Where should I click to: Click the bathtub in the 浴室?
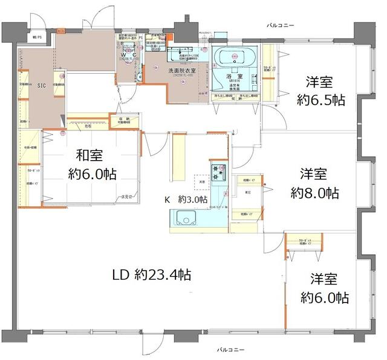point(235,58)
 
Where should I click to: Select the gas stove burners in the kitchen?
point(218,170)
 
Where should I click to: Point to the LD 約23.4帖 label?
point(151,275)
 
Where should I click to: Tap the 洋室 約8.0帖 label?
point(314,184)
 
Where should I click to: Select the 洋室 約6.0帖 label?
point(324,288)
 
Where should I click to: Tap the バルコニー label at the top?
point(281,26)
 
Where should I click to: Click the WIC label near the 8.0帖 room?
point(248,193)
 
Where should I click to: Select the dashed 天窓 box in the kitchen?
point(200,181)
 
